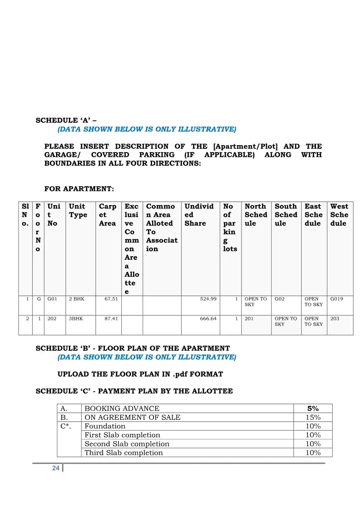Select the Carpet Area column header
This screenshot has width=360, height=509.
[x=107, y=215]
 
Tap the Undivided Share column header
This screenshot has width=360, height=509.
[x=199, y=215]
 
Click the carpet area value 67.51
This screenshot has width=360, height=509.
[x=111, y=299]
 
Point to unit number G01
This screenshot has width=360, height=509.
[x=52, y=299]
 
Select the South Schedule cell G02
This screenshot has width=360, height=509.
[x=279, y=299]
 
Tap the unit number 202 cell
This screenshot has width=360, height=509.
[x=52, y=319]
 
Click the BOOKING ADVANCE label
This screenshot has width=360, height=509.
[x=122, y=409]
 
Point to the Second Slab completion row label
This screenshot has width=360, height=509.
[x=127, y=444]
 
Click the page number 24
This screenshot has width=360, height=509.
[x=56, y=468]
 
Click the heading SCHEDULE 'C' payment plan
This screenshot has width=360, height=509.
[x=134, y=391]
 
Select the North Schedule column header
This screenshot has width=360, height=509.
[x=256, y=215]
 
